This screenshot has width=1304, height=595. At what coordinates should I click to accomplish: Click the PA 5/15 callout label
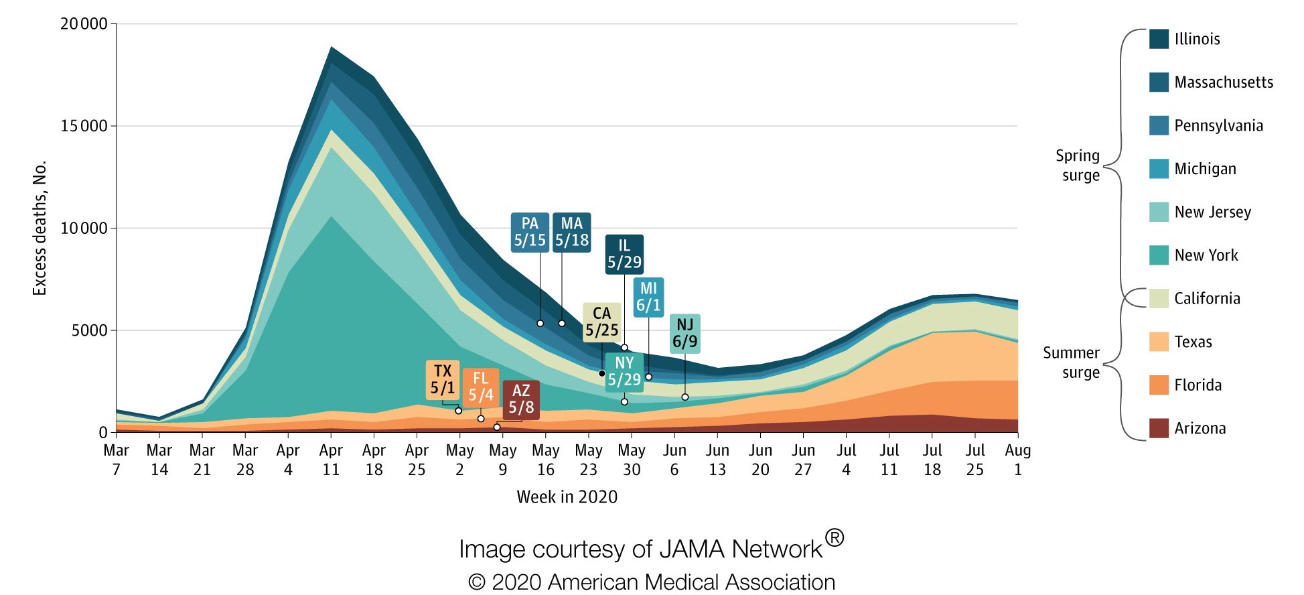pyautogui.click(x=530, y=233)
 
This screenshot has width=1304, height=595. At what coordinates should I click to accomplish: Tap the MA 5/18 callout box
pyautogui.click(x=571, y=233)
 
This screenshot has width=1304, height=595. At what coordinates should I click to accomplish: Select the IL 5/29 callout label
pyautogui.click(x=624, y=255)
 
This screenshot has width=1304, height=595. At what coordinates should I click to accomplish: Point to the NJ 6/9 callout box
pyautogui.click(x=684, y=334)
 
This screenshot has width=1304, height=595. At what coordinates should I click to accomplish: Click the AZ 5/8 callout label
pyautogui.click(x=520, y=399)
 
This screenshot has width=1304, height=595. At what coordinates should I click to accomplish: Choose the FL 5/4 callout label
pyautogui.click(x=480, y=387)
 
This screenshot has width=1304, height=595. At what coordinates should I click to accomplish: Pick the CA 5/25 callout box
pyautogui.click(x=601, y=322)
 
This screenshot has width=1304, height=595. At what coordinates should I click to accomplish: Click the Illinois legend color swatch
pyautogui.click(x=1159, y=39)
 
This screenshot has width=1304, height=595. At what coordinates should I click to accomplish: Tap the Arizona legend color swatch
pyautogui.click(x=1159, y=428)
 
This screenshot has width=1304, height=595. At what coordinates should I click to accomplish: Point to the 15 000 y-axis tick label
pyautogui.click(x=84, y=126)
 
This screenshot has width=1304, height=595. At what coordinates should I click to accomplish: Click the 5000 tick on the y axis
pyautogui.click(x=89, y=330)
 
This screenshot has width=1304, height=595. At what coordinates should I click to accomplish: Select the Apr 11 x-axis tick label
pyautogui.click(x=331, y=460)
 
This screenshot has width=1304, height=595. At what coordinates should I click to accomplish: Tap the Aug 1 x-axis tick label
pyautogui.click(x=1017, y=460)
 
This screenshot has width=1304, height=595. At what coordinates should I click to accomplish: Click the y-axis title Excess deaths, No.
pyautogui.click(x=40, y=228)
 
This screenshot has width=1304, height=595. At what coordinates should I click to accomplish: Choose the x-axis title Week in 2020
pyautogui.click(x=567, y=497)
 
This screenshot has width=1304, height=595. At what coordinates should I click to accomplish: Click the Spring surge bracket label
pyautogui.click(x=1078, y=166)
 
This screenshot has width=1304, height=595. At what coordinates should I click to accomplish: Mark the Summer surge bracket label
pyautogui.click(x=1072, y=362)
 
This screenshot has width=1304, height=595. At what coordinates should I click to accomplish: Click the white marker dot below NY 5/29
pyautogui.click(x=624, y=402)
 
